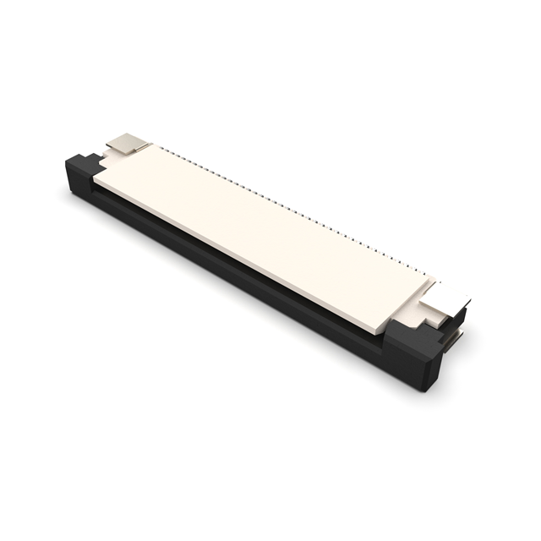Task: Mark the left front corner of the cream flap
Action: (x=95, y=178)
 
